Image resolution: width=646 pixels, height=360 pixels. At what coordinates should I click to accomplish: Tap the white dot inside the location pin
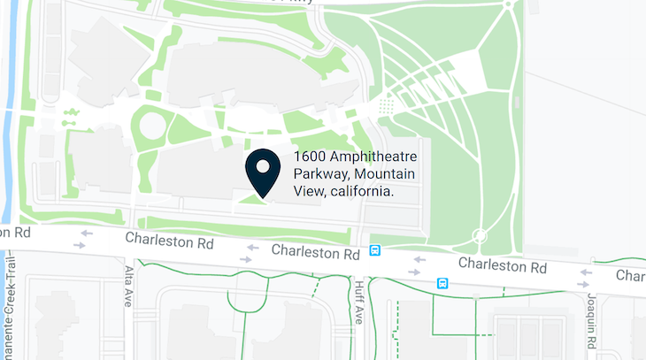click(263, 165)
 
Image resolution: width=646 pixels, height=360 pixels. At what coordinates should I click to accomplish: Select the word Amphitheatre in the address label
click(375, 157)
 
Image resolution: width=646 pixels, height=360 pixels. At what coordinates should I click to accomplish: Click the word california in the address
click(361, 191)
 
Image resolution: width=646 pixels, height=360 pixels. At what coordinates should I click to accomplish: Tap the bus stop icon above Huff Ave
click(375, 251)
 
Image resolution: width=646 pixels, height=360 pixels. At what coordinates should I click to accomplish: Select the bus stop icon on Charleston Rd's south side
click(442, 283)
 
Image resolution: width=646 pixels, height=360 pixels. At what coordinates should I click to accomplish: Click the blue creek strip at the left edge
click(10, 106)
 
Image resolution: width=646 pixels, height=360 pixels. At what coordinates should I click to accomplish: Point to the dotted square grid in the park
click(387, 106)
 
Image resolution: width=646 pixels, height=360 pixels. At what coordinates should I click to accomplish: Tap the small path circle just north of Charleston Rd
click(480, 235)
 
